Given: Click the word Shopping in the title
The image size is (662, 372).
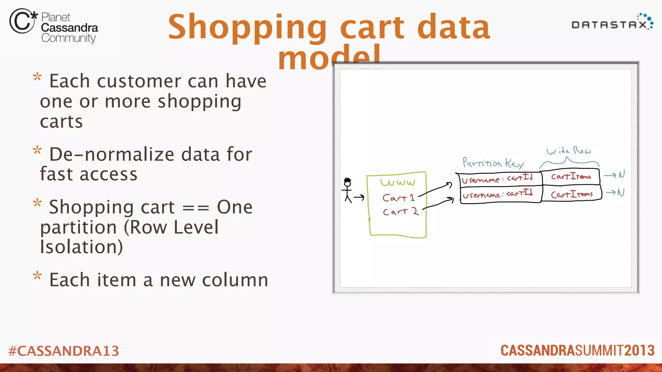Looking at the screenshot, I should (247, 27).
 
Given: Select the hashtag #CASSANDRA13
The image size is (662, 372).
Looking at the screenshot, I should (64, 351).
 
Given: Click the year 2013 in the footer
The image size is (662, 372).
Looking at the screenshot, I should (639, 351).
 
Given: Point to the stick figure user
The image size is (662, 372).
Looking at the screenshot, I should (347, 190).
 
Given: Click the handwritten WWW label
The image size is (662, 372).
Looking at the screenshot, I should (398, 182).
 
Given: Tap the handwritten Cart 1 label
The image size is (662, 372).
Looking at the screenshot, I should (398, 198).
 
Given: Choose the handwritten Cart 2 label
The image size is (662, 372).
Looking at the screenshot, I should (400, 212).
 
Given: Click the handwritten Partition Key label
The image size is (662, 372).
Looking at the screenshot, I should (493, 163).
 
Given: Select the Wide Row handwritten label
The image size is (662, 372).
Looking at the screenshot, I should (569, 151).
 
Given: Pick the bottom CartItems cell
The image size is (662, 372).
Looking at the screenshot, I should (571, 194).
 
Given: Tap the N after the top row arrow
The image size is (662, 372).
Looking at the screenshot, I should (622, 175).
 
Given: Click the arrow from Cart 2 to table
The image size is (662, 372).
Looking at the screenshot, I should (438, 204).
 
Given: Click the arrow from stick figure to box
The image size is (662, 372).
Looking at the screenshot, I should (359, 197).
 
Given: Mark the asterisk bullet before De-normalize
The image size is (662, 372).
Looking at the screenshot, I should (37, 150).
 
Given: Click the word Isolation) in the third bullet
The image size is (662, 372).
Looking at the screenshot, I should (81, 247).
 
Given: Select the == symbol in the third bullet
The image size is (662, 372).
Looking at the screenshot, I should (196, 208).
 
